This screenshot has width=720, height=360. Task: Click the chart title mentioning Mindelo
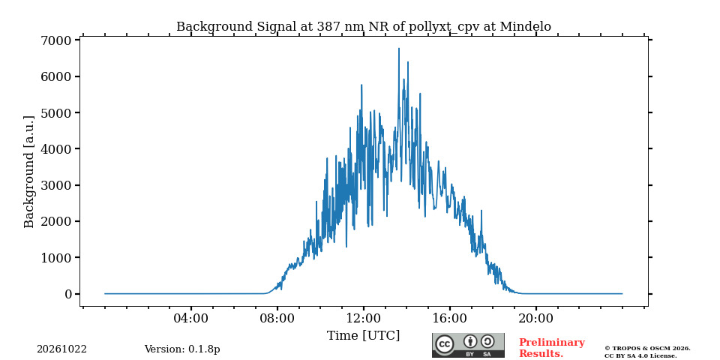click(363, 27)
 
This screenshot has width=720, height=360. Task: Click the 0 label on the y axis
click(69, 294)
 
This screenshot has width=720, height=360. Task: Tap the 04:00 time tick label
click(191, 318)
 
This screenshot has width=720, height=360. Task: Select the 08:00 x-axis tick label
click(277, 318)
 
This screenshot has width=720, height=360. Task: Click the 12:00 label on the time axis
click(364, 318)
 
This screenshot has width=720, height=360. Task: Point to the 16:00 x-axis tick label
click(449, 318)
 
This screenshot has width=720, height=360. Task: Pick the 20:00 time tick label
click(535, 318)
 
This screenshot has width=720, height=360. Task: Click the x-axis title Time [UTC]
click(363, 336)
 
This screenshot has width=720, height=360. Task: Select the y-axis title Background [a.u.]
click(29, 172)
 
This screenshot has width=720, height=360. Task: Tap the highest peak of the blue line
click(398, 49)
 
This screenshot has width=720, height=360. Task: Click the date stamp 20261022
click(61, 349)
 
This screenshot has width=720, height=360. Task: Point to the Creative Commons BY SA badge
click(468, 345)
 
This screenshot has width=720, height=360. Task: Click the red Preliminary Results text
click(552, 348)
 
